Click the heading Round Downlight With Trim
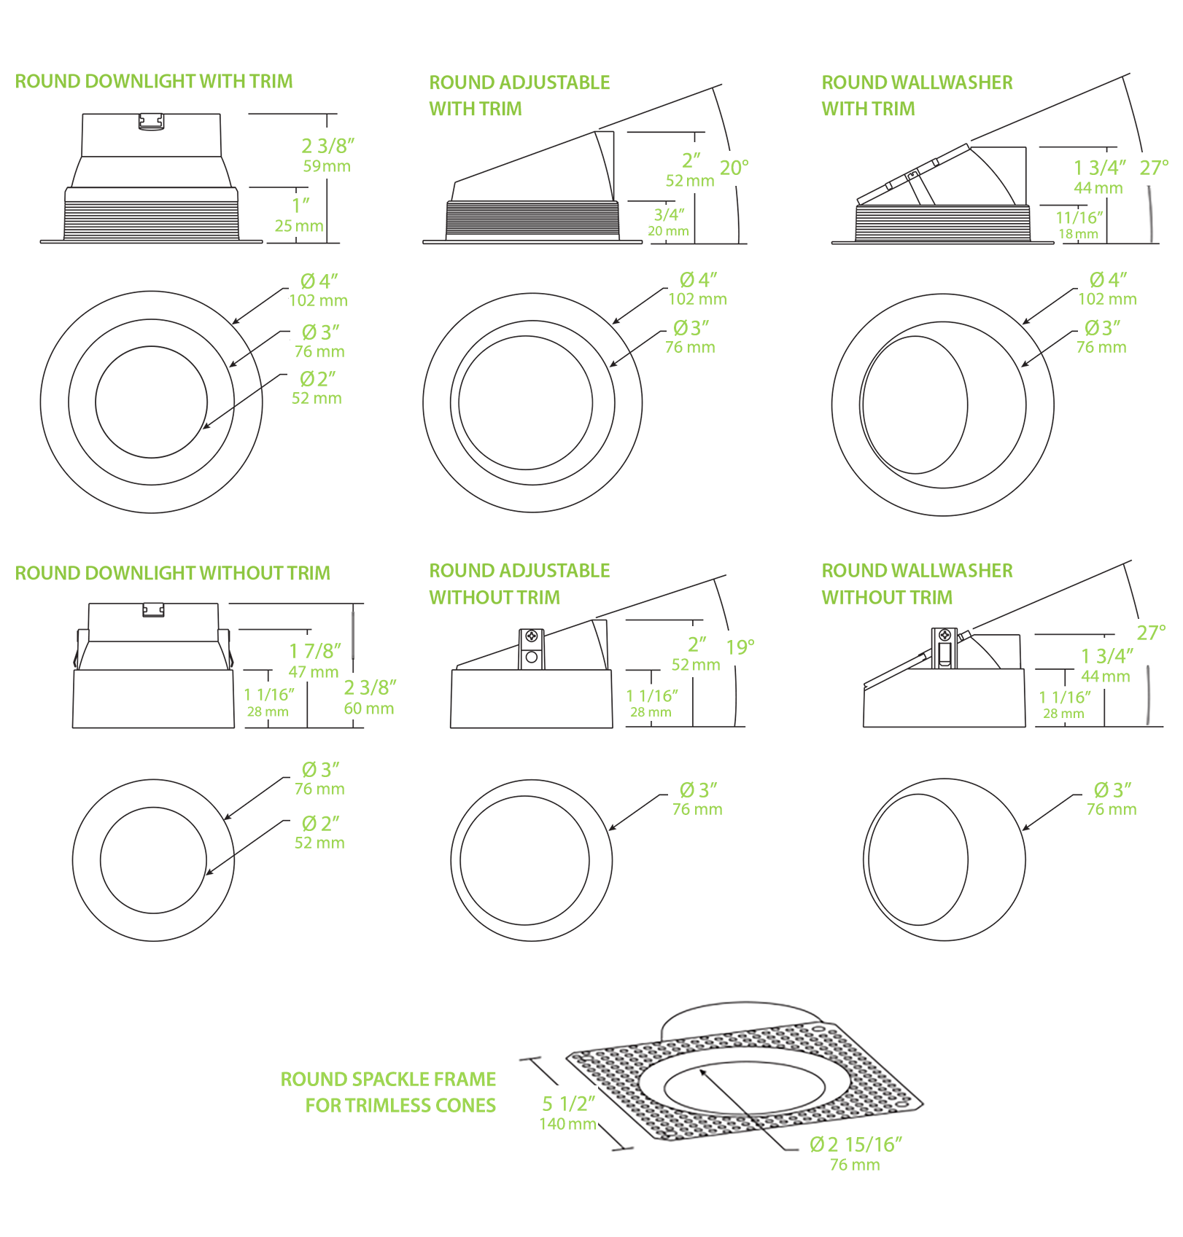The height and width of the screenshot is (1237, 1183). (153, 81)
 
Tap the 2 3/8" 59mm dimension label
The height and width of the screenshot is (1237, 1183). (327, 155)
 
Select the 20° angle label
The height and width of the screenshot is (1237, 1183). (734, 168)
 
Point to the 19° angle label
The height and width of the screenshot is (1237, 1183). (740, 647)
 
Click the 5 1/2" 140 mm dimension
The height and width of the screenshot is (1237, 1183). (568, 1113)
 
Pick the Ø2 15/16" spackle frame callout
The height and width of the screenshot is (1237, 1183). (855, 1153)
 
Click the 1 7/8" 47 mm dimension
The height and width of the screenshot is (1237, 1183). (314, 660)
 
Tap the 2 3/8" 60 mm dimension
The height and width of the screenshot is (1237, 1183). (369, 697)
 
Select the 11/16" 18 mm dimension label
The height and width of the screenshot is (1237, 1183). (1079, 225)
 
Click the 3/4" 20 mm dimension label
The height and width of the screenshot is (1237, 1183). (668, 222)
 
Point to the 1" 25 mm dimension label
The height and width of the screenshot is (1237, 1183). (299, 215)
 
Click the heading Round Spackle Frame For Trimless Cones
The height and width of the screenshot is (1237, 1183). (388, 1092)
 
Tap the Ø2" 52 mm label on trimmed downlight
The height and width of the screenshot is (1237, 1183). (317, 387)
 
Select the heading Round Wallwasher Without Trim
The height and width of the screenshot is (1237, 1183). (917, 583)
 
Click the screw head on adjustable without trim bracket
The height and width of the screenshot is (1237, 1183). (532, 636)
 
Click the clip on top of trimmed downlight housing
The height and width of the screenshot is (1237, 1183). (151, 121)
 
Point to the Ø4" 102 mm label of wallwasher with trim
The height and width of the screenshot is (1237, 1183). (1107, 289)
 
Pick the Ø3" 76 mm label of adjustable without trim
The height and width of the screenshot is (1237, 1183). (697, 799)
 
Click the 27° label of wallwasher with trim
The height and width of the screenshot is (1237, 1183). (1154, 168)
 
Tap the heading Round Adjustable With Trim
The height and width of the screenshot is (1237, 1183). (519, 95)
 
